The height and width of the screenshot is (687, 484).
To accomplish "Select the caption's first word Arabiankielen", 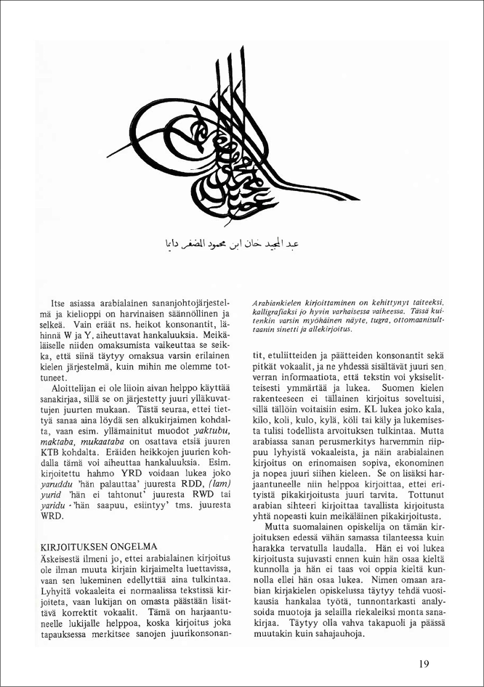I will pyautogui.click(x=280, y=301).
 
